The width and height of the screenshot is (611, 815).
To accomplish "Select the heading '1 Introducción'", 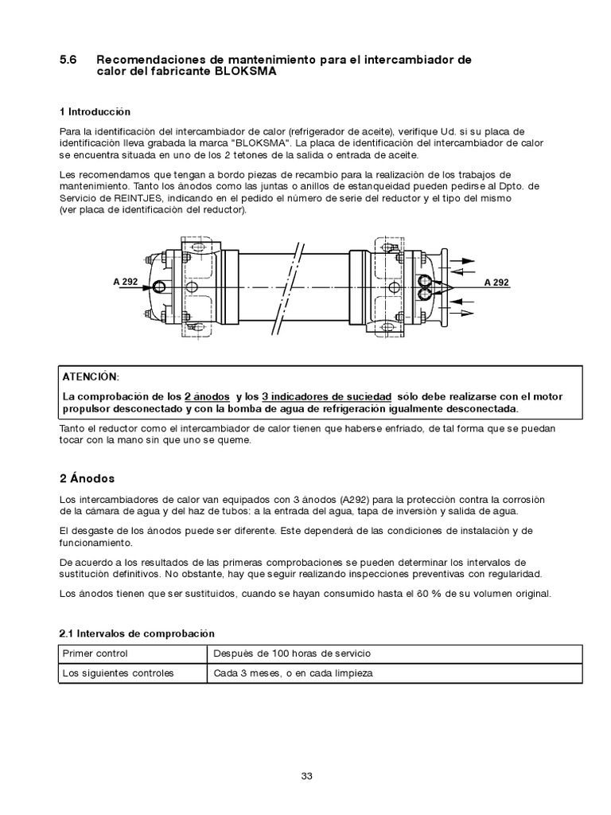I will (x=95, y=111).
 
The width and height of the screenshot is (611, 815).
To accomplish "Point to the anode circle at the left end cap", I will (x=159, y=287).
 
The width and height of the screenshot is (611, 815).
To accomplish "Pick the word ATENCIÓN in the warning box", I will (x=89, y=376).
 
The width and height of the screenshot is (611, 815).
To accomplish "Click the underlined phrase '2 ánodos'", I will (x=207, y=396).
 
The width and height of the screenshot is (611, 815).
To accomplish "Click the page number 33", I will (x=306, y=778).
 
